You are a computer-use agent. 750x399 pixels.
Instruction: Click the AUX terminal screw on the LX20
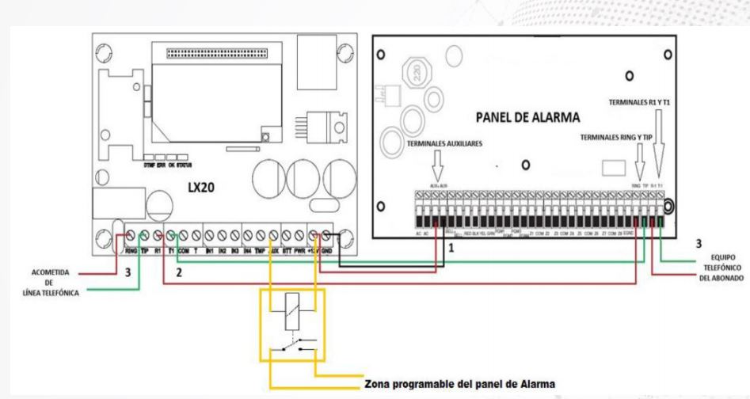[x=273, y=234]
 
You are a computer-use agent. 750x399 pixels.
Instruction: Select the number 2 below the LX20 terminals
[x=180, y=272]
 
